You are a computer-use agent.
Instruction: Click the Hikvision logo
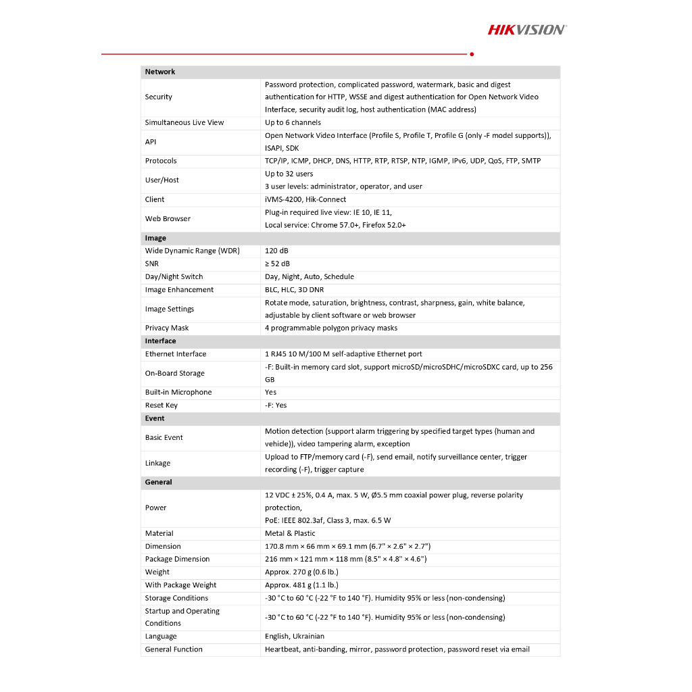click(527, 29)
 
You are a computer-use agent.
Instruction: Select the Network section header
click(160, 72)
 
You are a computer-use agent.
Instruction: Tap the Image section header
click(155, 238)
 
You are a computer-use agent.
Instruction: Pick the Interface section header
click(160, 341)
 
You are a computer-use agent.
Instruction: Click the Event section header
click(155, 418)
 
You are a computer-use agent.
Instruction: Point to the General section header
click(158, 482)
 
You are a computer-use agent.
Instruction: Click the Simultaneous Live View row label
click(184, 122)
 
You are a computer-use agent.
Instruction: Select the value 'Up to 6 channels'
click(293, 122)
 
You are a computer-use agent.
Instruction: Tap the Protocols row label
click(161, 161)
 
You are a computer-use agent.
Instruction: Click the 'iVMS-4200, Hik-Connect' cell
click(305, 199)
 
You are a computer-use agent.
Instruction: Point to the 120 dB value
click(276, 251)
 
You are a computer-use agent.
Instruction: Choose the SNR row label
click(152, 264)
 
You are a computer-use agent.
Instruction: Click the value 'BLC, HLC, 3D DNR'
click(294, 290)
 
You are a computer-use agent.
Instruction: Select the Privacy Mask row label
click(167, 328)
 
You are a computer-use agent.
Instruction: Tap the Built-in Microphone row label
click(178, 392)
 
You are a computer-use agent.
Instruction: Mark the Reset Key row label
click(162, 405)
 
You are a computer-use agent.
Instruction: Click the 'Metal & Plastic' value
click(290, 533)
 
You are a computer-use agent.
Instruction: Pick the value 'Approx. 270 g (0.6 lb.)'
click(301, 572)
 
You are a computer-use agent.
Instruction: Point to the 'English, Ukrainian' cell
click(295, 636)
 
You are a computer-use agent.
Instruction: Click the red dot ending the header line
click(471, 54)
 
